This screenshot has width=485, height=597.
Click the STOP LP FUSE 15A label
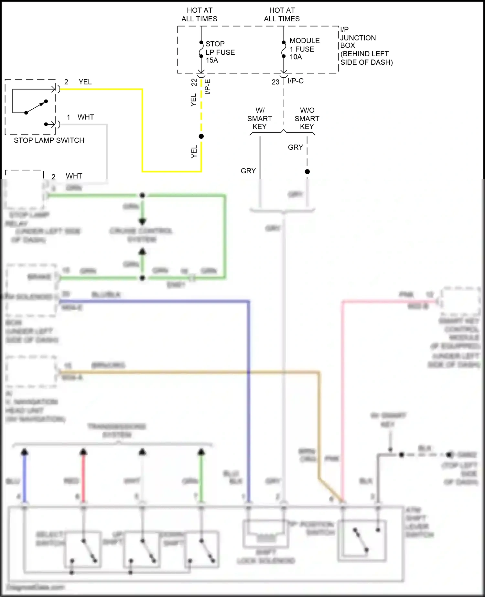point(220,52)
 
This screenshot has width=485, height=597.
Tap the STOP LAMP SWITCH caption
point(49,140)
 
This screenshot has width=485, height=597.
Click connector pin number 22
point(194,82)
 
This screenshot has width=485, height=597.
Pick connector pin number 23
point(275,82)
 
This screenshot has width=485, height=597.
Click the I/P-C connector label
point(296,81)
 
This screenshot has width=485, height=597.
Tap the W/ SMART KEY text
point(260,118)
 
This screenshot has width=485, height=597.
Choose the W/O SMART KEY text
point(307,118)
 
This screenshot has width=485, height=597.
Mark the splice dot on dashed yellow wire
point(201,136)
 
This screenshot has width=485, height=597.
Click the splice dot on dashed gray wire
point(307,172)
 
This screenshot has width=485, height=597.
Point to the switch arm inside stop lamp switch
point(36,107)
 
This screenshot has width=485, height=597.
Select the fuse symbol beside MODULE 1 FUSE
point(284,49)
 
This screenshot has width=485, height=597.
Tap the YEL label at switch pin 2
point(85,82)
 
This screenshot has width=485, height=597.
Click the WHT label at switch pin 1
point(86,117)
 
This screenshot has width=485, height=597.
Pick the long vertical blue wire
point(249,388)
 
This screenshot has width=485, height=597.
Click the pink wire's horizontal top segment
point(388,302)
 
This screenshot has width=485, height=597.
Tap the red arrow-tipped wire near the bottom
point(83,475)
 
